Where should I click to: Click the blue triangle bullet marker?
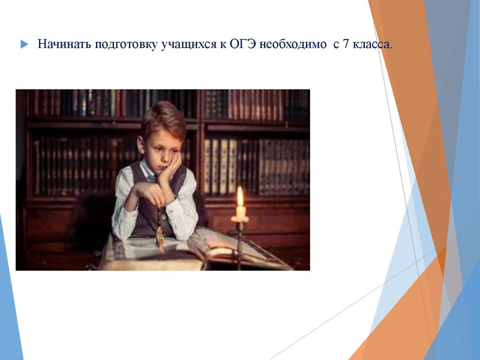[x=24, y=44]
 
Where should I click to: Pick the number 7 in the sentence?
[x=346, y=44]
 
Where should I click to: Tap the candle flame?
[x=240, y=197]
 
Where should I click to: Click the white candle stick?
[x=240, y=212]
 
